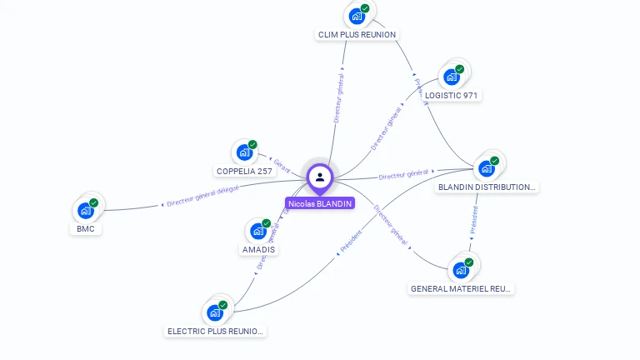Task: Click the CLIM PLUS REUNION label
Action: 357,34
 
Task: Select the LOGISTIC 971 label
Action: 451,95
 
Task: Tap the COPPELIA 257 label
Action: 244,171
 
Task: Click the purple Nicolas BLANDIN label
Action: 320,203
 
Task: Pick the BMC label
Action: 85,228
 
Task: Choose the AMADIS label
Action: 258,249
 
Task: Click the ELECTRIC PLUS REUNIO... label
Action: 216,331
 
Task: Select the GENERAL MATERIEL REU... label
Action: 460,288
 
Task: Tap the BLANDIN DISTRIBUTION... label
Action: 487,187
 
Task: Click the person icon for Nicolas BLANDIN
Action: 320,177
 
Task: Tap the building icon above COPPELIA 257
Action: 243,152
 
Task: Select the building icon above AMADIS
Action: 257,231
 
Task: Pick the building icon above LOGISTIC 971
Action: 452,77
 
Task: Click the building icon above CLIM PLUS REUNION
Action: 356,16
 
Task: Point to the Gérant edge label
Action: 282,164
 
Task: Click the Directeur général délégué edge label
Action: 202,196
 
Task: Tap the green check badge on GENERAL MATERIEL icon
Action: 468,262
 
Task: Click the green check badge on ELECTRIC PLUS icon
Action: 223,305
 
